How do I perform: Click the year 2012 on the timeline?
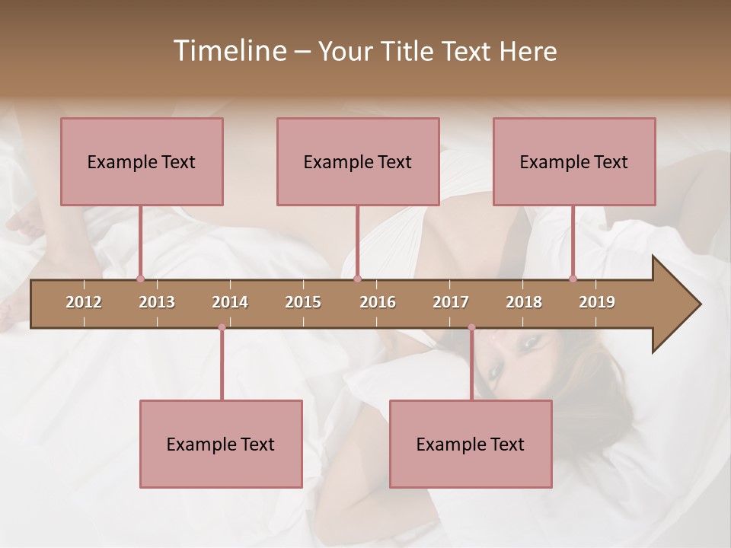(84, 302)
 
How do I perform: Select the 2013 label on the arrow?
(157, 302)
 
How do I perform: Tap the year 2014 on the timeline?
(230, 302)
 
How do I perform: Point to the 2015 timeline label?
(303, 302)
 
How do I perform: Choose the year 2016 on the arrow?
(378, 302)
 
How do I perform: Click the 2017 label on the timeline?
(451, 302)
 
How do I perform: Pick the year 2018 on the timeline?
(524, 302)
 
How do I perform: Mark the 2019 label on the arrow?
(597, 302)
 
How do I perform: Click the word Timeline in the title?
(228, 51)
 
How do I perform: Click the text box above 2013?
(142, 161)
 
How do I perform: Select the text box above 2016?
(358, 161)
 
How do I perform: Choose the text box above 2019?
(574, 161)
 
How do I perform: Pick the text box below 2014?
(221, 444)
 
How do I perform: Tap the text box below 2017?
(471, 444)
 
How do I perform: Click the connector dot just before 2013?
(140, 279)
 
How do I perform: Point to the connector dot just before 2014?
(222, 327)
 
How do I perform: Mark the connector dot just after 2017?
(471, 327)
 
